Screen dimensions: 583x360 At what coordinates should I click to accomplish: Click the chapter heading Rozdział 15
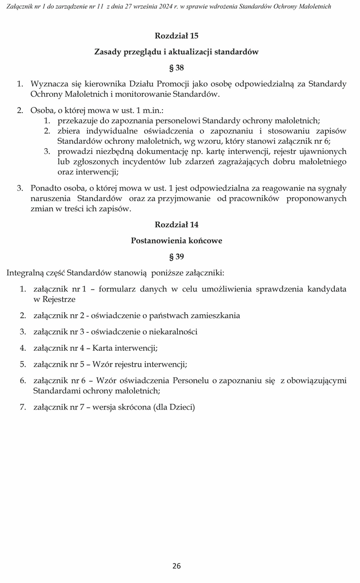point(176,36)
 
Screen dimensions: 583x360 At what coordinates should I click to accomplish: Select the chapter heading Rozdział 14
point(176,224)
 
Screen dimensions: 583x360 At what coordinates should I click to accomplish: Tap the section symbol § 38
point(176,68)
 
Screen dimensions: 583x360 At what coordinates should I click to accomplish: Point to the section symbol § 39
point(176,256)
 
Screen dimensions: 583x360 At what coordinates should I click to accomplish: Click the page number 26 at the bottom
point(176,566)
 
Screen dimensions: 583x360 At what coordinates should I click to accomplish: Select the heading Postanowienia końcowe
point(176,240)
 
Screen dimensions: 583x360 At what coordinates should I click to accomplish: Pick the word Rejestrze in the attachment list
point(54,299)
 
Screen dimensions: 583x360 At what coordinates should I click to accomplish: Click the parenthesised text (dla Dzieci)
point(173,407)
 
